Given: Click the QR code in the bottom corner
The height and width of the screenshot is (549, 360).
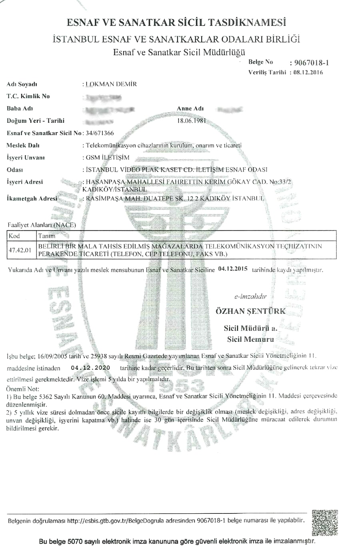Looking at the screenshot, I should (325, 523).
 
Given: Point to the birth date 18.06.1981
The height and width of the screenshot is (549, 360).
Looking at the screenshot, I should (192, 120).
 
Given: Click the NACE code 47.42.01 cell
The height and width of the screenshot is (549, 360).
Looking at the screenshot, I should (20, 250).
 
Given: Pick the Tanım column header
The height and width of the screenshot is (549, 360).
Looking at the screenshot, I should (46, 236).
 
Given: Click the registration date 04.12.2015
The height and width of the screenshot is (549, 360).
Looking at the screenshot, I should (233, 269).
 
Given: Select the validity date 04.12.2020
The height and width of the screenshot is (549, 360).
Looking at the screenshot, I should (90, 367).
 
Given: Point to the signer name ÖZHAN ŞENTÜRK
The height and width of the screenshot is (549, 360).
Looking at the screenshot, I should (250, 311).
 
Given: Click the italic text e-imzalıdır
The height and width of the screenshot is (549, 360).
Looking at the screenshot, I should (250, 297).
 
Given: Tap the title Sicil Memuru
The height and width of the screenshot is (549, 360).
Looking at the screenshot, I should (250, 339).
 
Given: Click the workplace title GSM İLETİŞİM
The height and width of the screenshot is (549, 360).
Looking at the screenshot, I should (108, 157).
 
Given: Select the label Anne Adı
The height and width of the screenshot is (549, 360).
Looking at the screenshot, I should (190, 108).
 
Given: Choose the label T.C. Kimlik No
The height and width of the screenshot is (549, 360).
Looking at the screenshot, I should (28, 96).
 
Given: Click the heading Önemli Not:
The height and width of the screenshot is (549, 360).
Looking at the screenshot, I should (23, 389).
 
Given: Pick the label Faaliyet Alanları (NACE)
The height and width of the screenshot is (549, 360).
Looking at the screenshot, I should (42, 225).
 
